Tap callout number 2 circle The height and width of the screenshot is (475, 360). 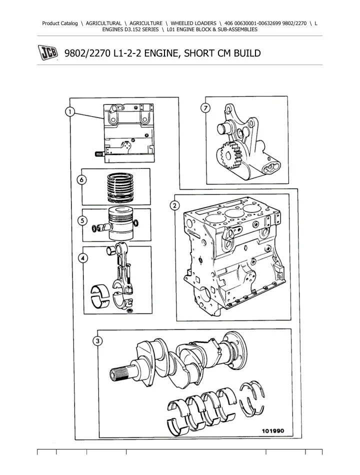coord(174,205)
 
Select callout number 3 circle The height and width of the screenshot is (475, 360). coord(97,341)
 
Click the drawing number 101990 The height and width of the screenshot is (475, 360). coord(273,430)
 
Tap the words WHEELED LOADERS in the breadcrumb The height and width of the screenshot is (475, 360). coord(193,23)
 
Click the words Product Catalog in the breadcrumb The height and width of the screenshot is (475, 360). coord(60,23)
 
